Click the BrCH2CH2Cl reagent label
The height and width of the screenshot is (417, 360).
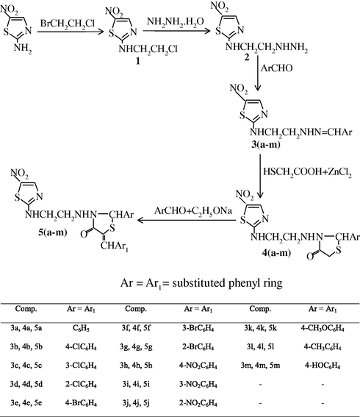[67, 24]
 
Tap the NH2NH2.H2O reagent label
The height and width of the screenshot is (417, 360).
[176, 22]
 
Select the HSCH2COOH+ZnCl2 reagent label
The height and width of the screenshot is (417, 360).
[307, 172]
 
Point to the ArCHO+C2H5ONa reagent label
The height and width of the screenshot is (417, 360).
[193, 211]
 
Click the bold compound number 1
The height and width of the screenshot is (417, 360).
[138, 61]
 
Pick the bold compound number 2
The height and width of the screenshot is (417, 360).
[247, 57]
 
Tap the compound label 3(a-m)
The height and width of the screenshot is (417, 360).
[266, 145]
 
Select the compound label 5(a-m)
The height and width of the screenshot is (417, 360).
[53, 232]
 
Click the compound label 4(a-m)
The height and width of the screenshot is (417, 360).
[276, 252]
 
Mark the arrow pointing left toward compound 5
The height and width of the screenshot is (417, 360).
[187, 220]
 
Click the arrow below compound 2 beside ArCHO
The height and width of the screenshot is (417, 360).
[257, 73]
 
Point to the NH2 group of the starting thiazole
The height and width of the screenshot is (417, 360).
[23, 49]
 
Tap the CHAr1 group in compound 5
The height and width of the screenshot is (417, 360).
[114, 246]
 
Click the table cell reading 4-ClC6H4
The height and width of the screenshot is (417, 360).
[81, 347]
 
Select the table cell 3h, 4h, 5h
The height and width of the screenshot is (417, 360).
[136, 366]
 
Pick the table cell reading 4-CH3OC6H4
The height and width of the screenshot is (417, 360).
[323, 329]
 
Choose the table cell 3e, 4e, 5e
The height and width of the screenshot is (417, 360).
[26, 403]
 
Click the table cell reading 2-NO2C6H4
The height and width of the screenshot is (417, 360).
[198, 403]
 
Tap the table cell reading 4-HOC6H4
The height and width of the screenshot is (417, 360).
[323, 366]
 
